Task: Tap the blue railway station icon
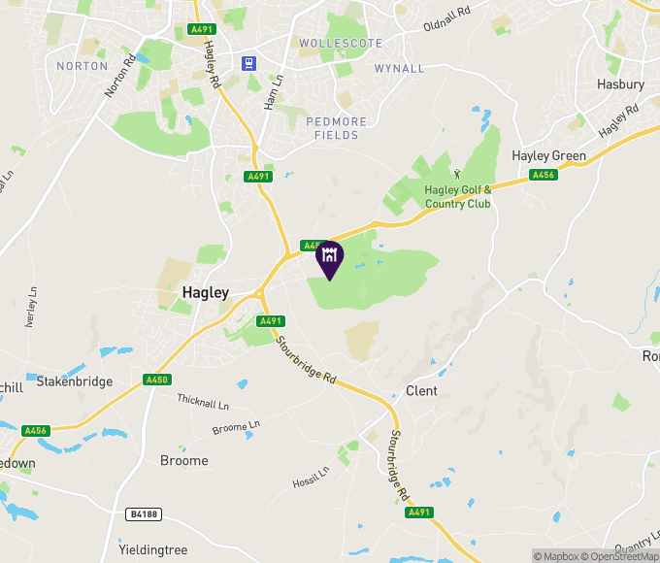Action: (x=249, y=63)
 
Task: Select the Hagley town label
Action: (x=206, y=292)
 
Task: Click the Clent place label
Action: (x=421, y=390)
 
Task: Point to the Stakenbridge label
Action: (x=74, y=381)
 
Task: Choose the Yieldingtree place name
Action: (x=152, y=549)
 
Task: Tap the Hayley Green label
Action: (x=548, y=155)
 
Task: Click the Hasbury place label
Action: (x=620, y=84)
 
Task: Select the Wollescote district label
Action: (x=341, y=44)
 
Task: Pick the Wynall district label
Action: (x=399, y=69)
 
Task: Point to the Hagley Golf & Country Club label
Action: (x=458, y=196)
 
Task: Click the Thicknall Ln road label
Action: (x=203, y=401)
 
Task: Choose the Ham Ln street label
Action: (x=275, y=91)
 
